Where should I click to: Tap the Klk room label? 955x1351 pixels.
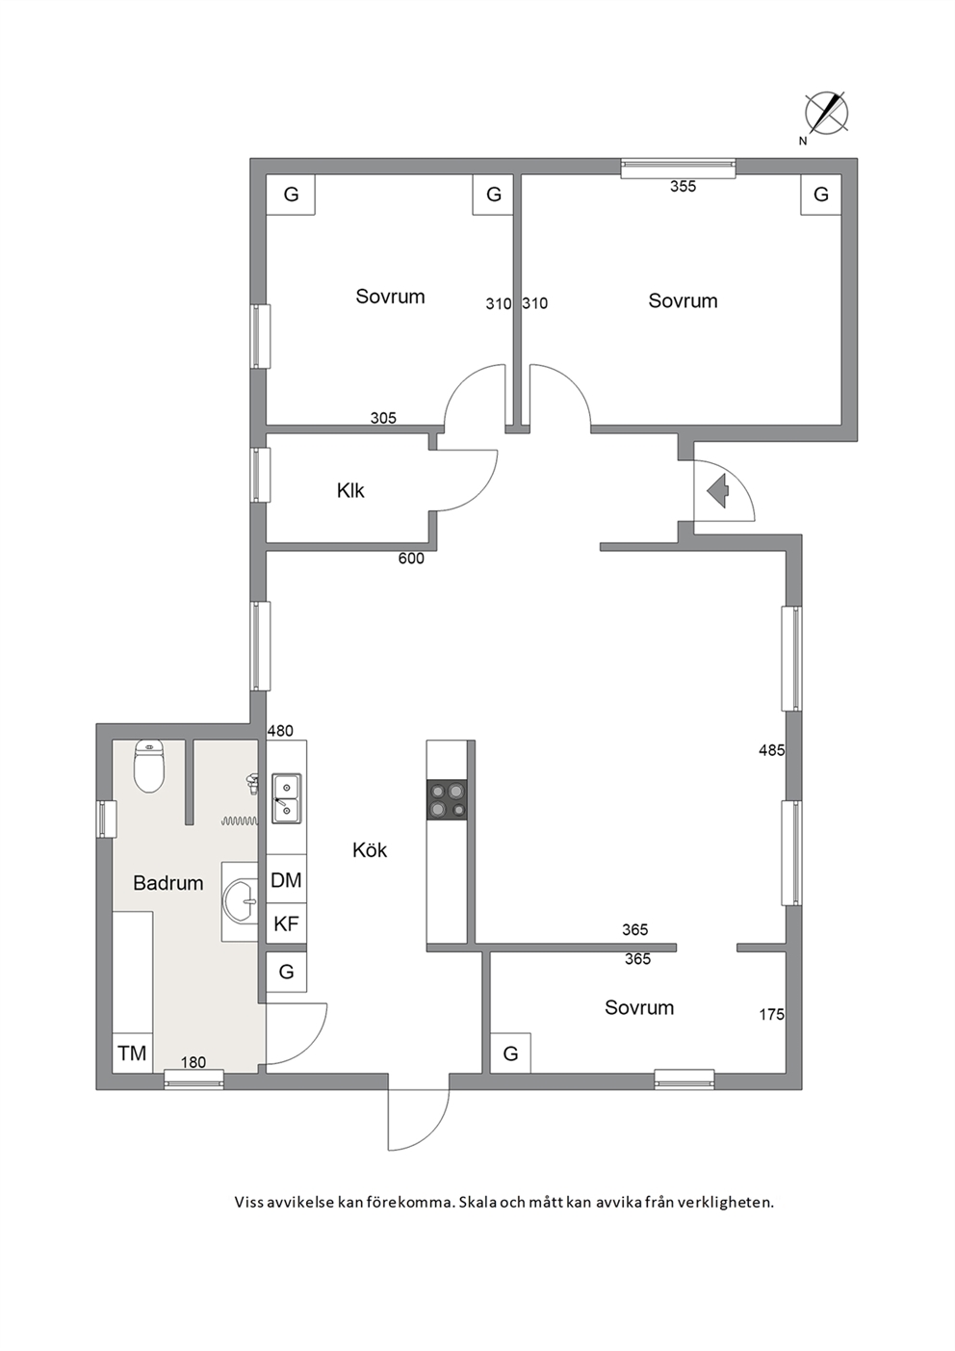click(350, 491)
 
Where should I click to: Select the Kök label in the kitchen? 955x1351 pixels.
click(370, 850)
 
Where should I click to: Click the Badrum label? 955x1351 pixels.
click(168, 883)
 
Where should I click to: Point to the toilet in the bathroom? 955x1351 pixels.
click(149, 766)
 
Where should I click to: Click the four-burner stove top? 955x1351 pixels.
click(447, 800)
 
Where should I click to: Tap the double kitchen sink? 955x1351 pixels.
click(286, 798)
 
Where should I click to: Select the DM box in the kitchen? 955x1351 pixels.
click(286, 880)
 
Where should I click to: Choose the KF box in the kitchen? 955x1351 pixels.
click(286, 923)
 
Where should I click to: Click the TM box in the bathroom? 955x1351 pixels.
click(132, 1053)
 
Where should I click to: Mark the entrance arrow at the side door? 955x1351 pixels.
click(718, 490)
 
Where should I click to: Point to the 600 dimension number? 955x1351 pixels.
click(411, 559)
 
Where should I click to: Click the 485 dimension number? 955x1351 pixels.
click(772, 750)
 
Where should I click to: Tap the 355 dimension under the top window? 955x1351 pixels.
click(684, 187)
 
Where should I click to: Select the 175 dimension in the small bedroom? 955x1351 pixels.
click(772, 1015)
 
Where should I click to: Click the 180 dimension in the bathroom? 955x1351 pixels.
click(193, 1062)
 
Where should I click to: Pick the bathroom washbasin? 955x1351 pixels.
click(242, 901)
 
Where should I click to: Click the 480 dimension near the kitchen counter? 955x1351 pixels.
click(280, 731)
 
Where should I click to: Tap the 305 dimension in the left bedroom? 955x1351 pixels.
click(383, 418)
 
